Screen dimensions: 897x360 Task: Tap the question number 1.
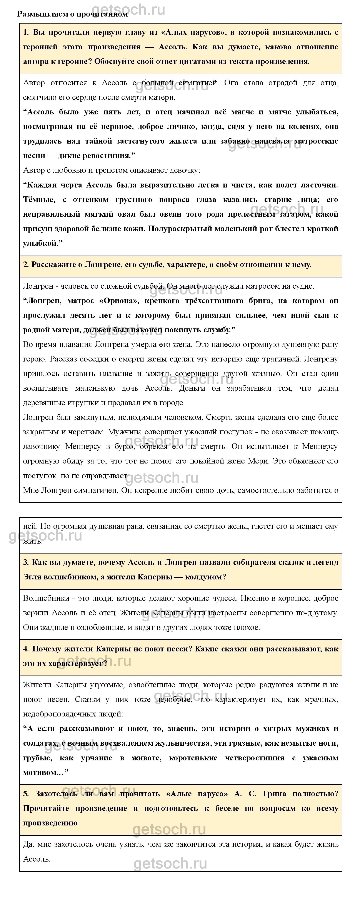click(x=25, y=32)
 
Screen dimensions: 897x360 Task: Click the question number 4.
click(x=25, y=649)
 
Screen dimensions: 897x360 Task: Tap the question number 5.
click(x=25, y=794)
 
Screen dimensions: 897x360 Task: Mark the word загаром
click(x=296, y=214)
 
